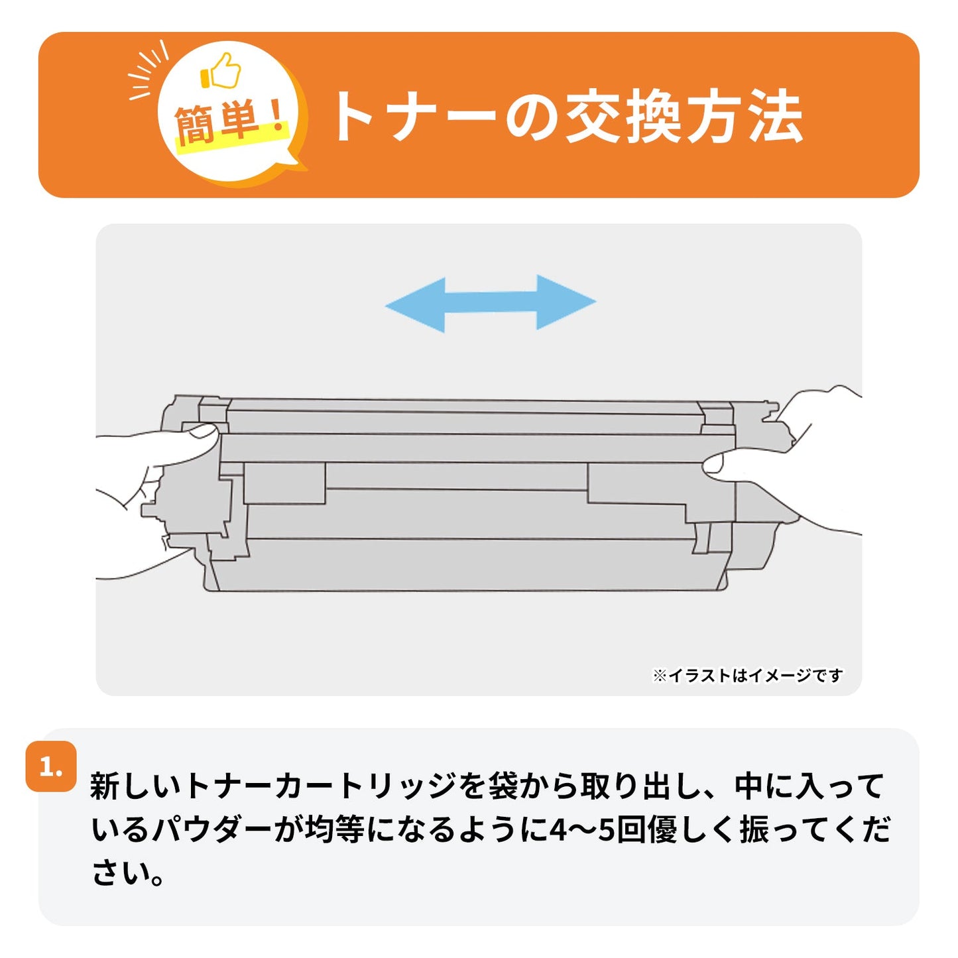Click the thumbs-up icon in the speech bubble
(221, 72)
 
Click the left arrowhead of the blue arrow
(414, 304)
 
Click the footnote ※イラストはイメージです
(747, 676)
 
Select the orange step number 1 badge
(51, 767)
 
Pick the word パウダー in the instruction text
(212, 829)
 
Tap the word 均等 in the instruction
(334, 829)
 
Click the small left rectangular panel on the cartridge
(284, 483)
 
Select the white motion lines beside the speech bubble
(148, 70)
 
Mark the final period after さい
(158, 879)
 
